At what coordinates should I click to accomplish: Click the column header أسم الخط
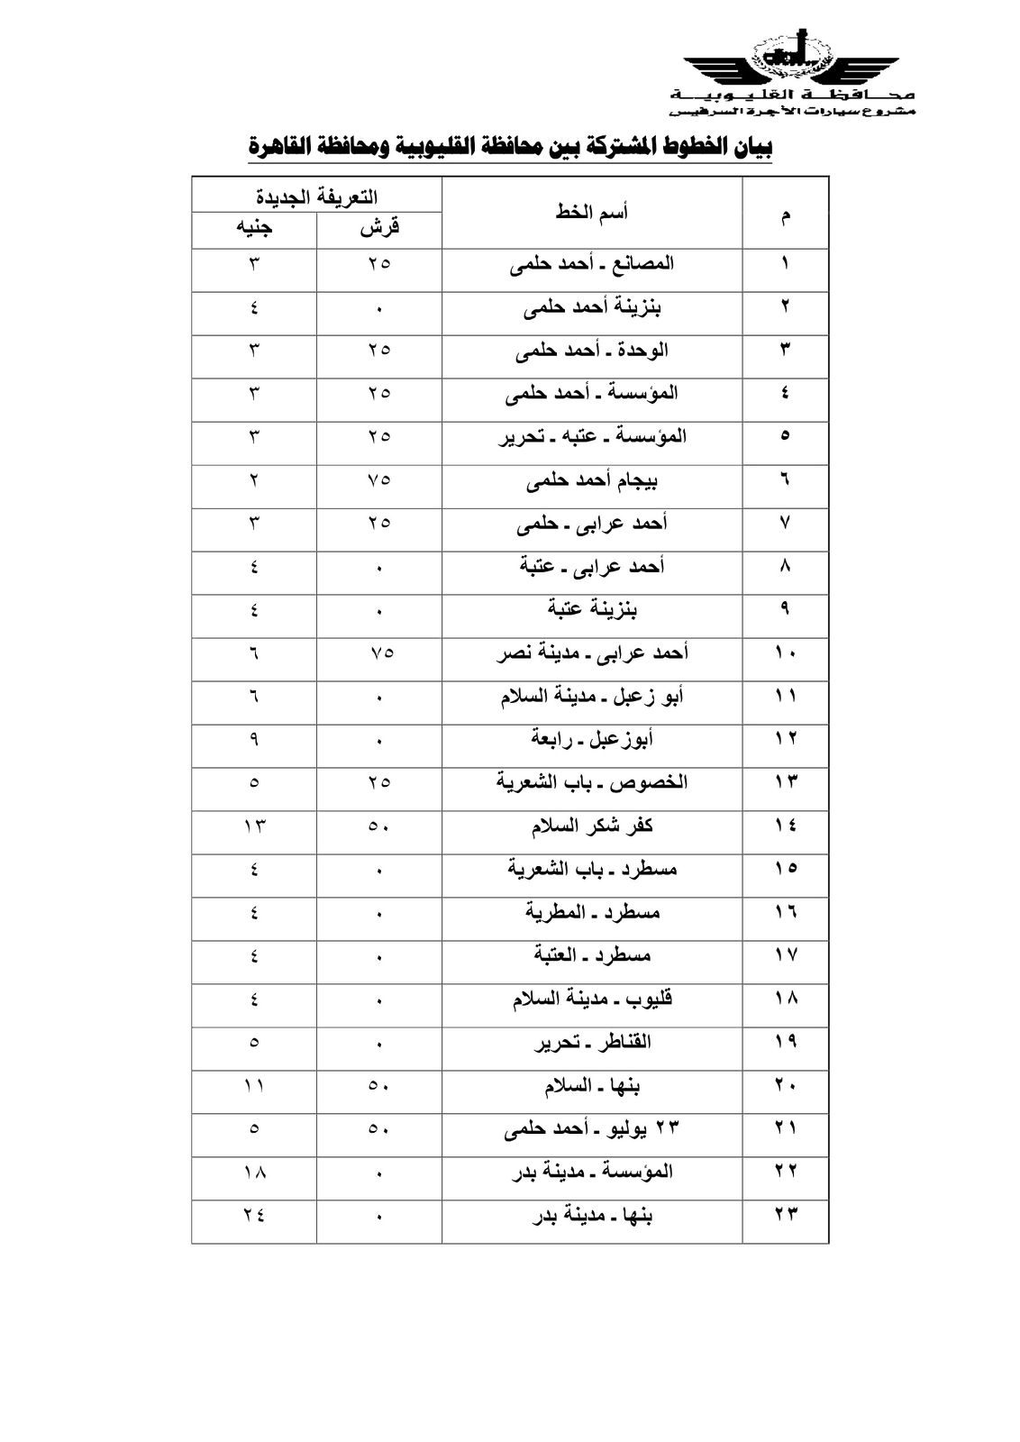(x=592, y=213)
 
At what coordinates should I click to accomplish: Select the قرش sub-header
(x=379, y=229)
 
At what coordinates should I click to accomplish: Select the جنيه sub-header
(x=254, y=229)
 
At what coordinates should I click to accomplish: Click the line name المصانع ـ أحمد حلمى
(x=592, y=264)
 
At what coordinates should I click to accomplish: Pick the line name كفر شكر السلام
(x=592, y=826)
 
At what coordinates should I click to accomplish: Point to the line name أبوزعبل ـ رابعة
(x=592, y=739)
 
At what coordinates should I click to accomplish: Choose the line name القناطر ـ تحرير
(x=592, y=1043)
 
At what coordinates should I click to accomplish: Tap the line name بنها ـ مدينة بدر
(x=592, y=1216)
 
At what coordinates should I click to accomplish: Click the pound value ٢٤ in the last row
(x=254, y=1216)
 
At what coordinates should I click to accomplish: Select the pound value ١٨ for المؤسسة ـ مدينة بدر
(x=254, y=1173)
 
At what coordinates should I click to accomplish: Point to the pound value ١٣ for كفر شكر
(x=254, y=826)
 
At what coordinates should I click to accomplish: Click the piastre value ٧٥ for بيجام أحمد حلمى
(x=379, y=480)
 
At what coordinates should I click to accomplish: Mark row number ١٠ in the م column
(x=785, y=653)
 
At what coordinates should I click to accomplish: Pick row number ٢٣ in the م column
(x=785, y=1216)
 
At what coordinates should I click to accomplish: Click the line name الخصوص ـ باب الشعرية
(x=592, y=782)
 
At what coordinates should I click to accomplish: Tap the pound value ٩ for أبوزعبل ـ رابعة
(x=254, y=739)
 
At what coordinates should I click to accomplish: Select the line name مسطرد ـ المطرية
(x=592, y=913)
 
